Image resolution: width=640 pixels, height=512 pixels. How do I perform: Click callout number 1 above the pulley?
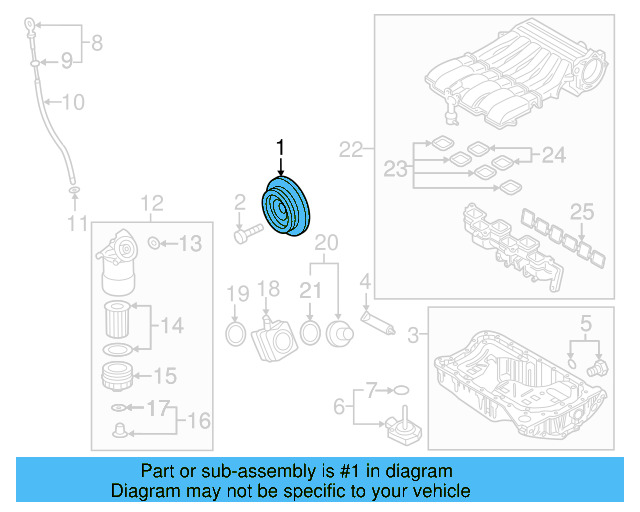pos(281,148)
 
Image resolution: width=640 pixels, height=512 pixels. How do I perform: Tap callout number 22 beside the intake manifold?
pos(350,150)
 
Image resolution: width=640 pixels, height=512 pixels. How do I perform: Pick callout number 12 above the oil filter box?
pos(151,204)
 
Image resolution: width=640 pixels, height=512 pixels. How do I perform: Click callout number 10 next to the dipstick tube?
pos(74,102)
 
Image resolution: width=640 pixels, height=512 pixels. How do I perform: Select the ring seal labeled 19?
pos(236,332)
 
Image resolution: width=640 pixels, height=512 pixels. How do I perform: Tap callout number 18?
pos(268,290)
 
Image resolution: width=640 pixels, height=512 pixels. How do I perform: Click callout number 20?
pos(327,242)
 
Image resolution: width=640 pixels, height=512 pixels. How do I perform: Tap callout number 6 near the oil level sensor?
pos(338,406)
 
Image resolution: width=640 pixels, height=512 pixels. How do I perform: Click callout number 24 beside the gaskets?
pos(553,154)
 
